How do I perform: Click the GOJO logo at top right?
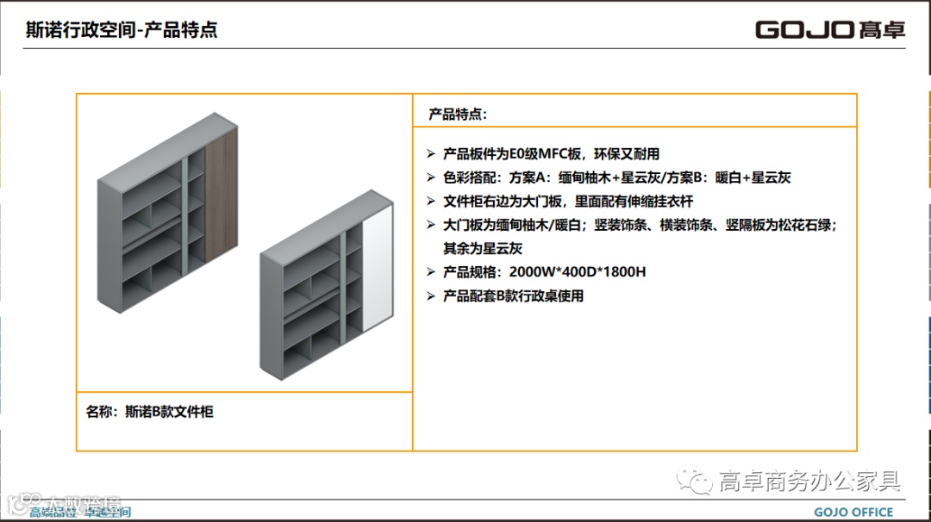point(830,29)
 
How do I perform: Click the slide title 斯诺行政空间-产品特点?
point(122,30)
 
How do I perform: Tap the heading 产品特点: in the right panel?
point(458,114)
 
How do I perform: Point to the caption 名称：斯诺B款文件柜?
point(150,412)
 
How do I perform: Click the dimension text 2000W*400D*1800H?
point(578,272)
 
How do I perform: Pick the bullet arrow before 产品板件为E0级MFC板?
point(431,154)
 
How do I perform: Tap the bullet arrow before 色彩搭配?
point(431,177)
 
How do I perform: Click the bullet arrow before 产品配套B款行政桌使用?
point(431,295)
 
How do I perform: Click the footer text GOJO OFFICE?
point(853,513)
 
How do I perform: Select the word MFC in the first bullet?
point(553,154)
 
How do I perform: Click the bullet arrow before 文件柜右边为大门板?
point(431,202)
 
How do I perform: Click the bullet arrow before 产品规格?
point(431,272)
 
